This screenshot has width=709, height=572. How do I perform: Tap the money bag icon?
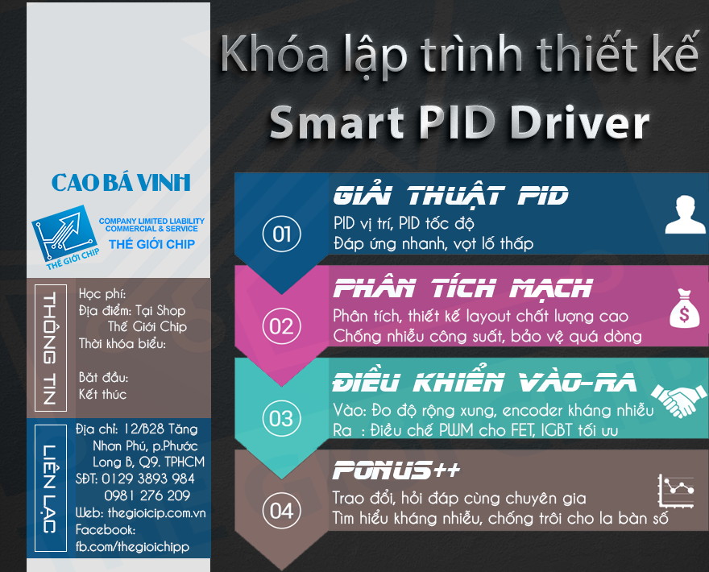click(x=685, y=309)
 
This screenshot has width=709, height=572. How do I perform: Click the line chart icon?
click(x=675, y=491)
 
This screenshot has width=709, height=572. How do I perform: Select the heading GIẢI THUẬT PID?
click(x=451, y=196)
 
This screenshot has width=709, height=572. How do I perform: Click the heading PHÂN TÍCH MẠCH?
click(x=462, y=288)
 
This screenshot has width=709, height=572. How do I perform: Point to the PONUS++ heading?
click(x=396, y=470)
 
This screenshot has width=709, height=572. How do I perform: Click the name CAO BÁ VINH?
click(x=121, y=183)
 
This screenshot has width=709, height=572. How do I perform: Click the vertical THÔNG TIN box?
click(x=51, y=348)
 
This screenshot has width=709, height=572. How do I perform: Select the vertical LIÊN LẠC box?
click(x=51, y=488)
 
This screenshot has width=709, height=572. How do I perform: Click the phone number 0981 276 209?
click(x=147, y=495)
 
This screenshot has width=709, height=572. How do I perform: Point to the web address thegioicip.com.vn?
click(x=156, y=512)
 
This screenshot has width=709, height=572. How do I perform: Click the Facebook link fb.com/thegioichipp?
click(x=132, y=547)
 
